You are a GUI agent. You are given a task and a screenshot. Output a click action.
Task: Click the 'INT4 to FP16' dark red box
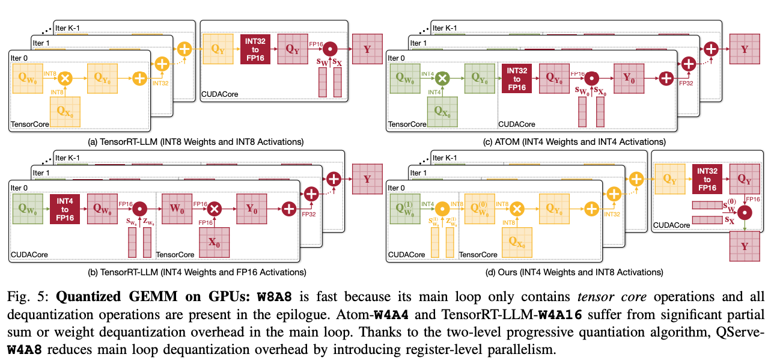(65, 209)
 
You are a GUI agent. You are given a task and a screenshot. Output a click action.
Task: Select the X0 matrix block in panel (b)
(215, 242)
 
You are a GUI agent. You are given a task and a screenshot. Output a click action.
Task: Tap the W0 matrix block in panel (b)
(177, 209)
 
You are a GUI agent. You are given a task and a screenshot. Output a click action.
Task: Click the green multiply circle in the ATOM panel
(442, 78)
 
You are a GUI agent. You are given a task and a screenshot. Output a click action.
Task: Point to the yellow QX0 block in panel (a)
(65, 111)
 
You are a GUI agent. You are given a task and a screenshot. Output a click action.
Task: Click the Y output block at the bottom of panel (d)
(745, 246)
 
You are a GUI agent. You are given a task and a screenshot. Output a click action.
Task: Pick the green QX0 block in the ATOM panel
(442, 112)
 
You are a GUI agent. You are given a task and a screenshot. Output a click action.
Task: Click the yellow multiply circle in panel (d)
(517, 209)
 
